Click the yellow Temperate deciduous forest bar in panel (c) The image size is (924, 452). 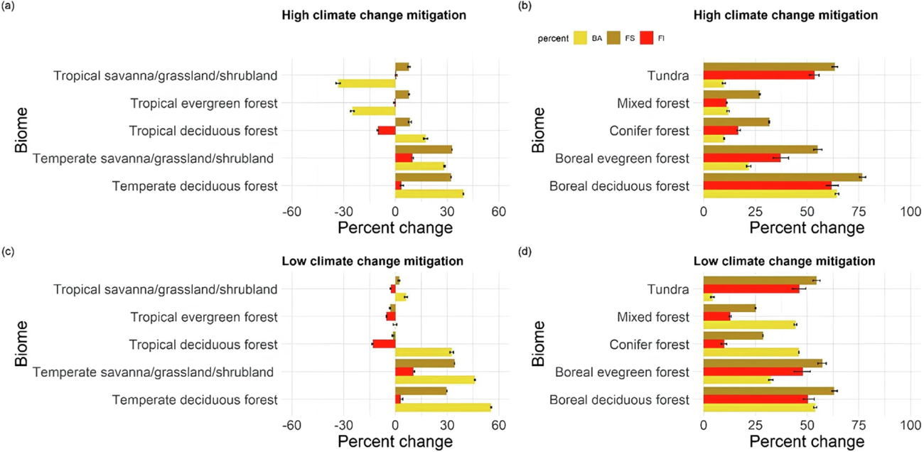pos(443,407)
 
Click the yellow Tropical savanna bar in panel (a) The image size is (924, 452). pos(367,83)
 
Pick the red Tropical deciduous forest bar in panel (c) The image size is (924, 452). pos(384,344)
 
